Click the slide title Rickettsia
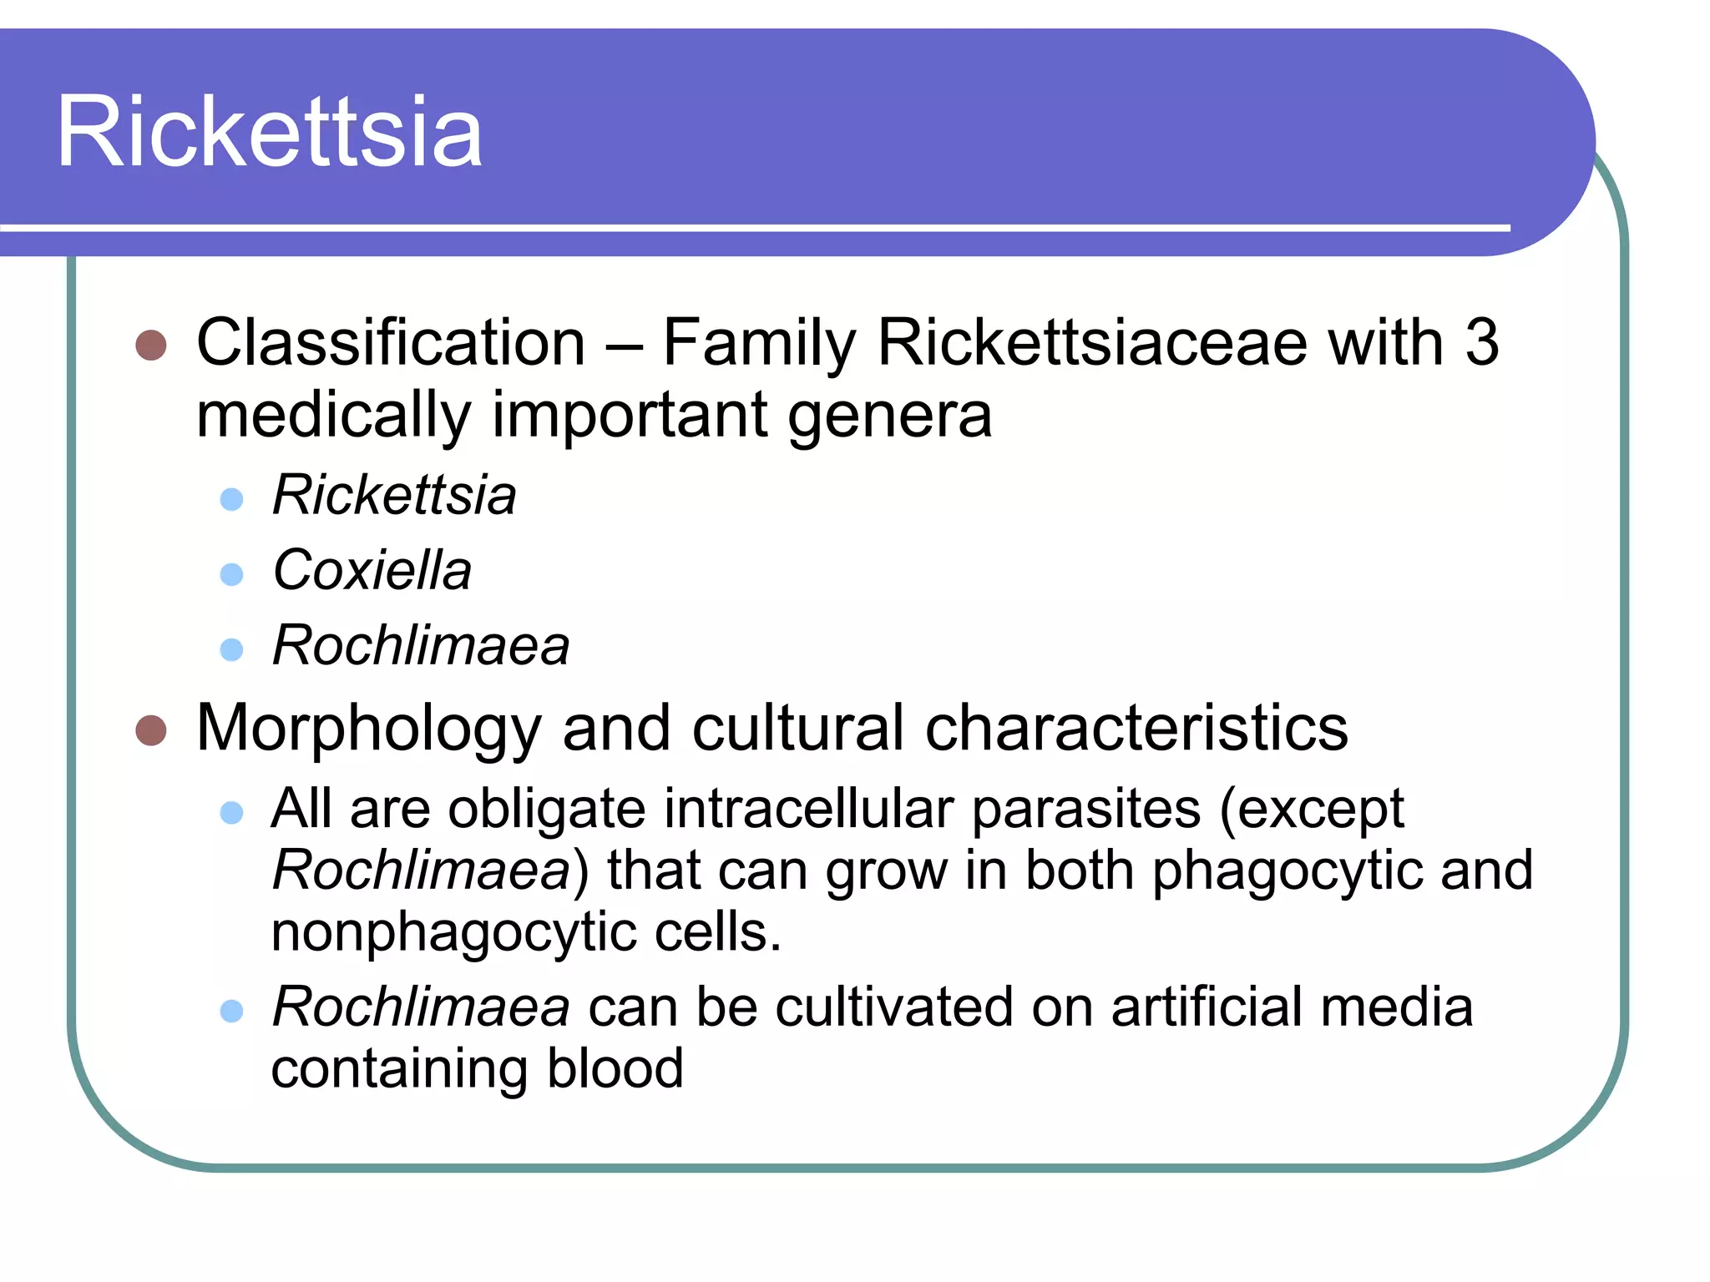pyautogui.click(x=269, y=132)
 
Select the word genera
pyautogui.click(x=889, y=416)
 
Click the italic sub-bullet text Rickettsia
pyautogui.click(x=394, y=495)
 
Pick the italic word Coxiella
pyautogui.click(x=372, y=571)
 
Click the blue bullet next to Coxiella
pyautogui.click(x=231, y=574)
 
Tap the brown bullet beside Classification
pyautogui.click(x=151, y=345)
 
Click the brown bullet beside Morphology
pyautogui.click(x=151, y=730)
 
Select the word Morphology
pyautogui.click(x=368, y=729)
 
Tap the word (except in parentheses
pyautogui.click(x=1311, y=809)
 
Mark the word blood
pyautogui.click(x=615, y=1068)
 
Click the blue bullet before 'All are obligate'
pyautogui.click(x=231, y=813)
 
